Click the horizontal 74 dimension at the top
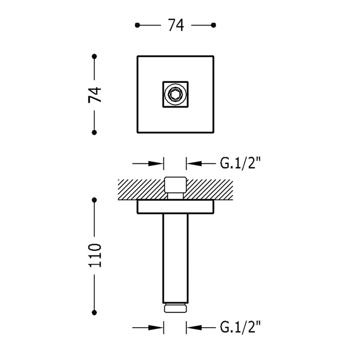[x=176, y=25]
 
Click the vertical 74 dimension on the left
[x=95, y=94]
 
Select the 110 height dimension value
[x=95, y=256]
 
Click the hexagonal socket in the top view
[x=175, y=95]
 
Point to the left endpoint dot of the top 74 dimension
[x=137, y=25]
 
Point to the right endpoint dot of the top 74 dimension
[x=214, y=25]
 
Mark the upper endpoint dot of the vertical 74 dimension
[x=94, y=56]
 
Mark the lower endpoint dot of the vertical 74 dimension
[x=94, y=132]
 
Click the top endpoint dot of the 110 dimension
[x=94, y=199]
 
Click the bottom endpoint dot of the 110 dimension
[x=94, y=312]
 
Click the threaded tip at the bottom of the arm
[x=175, y=308]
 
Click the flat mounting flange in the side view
[x=175, y=207]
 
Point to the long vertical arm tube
[x=175, y=258]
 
